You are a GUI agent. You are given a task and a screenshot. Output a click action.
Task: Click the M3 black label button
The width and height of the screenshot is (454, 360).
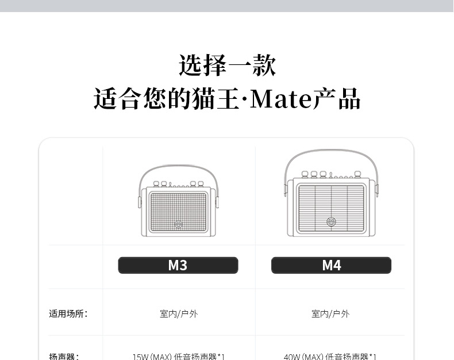[178, 265]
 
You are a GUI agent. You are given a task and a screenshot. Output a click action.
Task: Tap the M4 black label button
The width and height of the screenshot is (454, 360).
[331, 265]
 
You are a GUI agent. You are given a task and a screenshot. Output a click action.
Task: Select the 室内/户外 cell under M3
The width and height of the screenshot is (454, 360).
[178, 313]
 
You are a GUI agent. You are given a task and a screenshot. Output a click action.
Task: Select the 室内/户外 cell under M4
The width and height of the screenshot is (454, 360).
[330, 313]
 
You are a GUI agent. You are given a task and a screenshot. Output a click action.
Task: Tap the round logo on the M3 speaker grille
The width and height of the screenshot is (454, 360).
[178, 224]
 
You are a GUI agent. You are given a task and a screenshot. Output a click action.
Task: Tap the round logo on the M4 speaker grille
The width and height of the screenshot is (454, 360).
[331, 221]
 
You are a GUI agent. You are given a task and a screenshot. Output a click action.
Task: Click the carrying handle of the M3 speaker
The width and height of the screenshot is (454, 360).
[178, 166]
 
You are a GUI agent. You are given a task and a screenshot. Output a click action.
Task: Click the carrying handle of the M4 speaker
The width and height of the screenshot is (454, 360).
[331, 150]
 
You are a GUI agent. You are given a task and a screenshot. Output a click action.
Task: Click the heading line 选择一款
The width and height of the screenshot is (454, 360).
[227, 66]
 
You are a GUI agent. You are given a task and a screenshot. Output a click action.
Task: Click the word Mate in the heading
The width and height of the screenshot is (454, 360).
[280, 99]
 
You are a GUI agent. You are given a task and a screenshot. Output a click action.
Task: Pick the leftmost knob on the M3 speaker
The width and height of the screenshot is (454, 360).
[156, 184]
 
